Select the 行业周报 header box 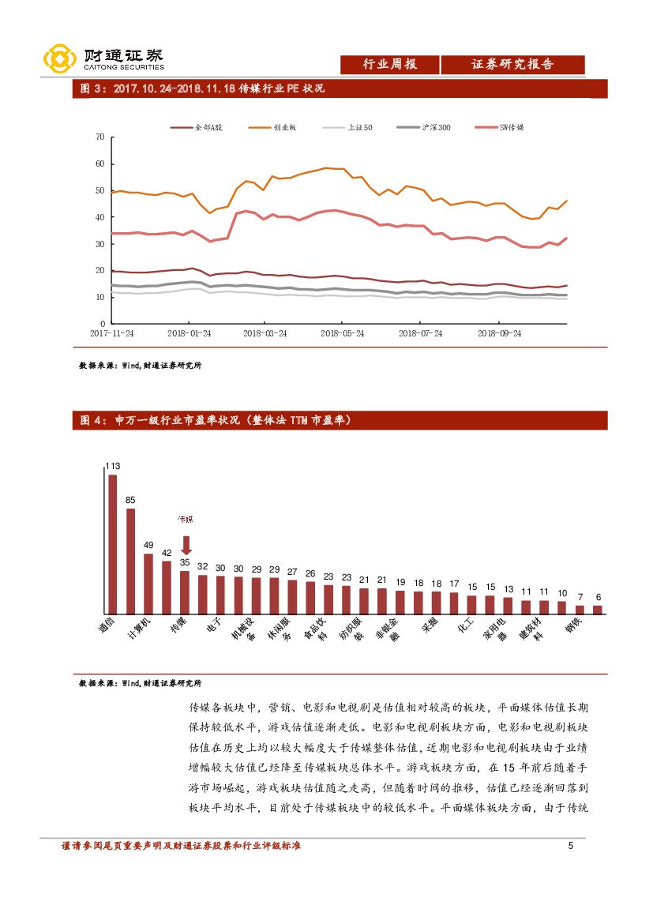tap(389, 65)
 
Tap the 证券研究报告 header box tap(512, 65)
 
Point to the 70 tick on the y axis tap(99, 137)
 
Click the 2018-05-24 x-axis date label tap(343, 333)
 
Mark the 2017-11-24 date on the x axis tap(111, 333)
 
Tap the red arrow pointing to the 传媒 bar tap(186, 545)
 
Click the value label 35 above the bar tap(185, 562)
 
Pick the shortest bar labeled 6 tap(598, 609)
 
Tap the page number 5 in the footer tap(571, 847)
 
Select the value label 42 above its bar tap(167, 554)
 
